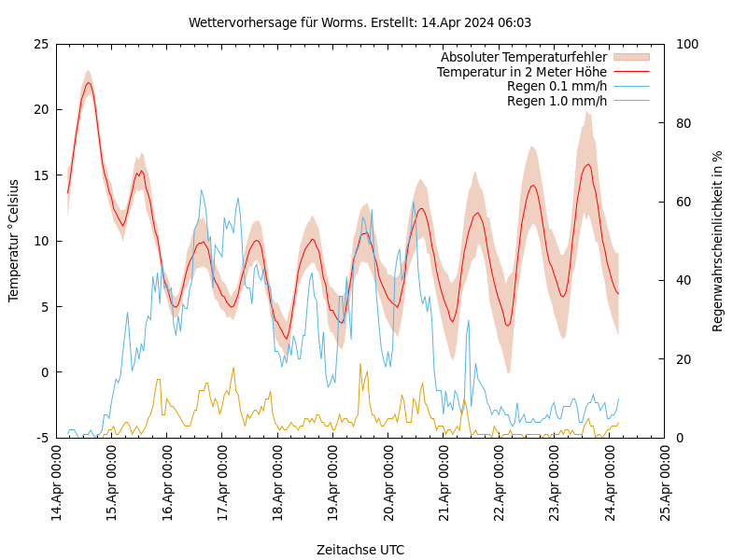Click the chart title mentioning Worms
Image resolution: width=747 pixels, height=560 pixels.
point(359,22)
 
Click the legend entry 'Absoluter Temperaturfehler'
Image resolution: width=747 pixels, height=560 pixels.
point(523,57)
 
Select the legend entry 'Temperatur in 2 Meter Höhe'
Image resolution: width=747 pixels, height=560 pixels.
point(521,72)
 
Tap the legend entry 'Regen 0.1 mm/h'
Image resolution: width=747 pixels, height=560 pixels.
point(557,86)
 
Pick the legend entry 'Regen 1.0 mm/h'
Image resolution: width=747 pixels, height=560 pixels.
point(557,101)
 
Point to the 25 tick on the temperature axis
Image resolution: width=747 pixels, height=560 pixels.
point(40,44)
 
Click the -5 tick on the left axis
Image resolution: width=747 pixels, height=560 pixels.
point(43,438)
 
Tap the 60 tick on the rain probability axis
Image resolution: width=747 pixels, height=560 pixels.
point(683,202)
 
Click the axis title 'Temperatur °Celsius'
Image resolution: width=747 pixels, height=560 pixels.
point(14,241)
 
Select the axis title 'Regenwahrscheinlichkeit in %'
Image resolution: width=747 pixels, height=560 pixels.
point(718,241)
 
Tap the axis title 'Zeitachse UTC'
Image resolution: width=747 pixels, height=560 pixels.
point(360,550)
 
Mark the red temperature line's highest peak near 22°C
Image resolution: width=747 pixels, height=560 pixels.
point(89,83)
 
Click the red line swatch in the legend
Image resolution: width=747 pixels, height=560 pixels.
point(630,72)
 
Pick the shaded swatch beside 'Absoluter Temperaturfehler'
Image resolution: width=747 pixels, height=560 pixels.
point(630,57)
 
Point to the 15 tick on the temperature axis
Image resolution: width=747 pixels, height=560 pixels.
point(40,175)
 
